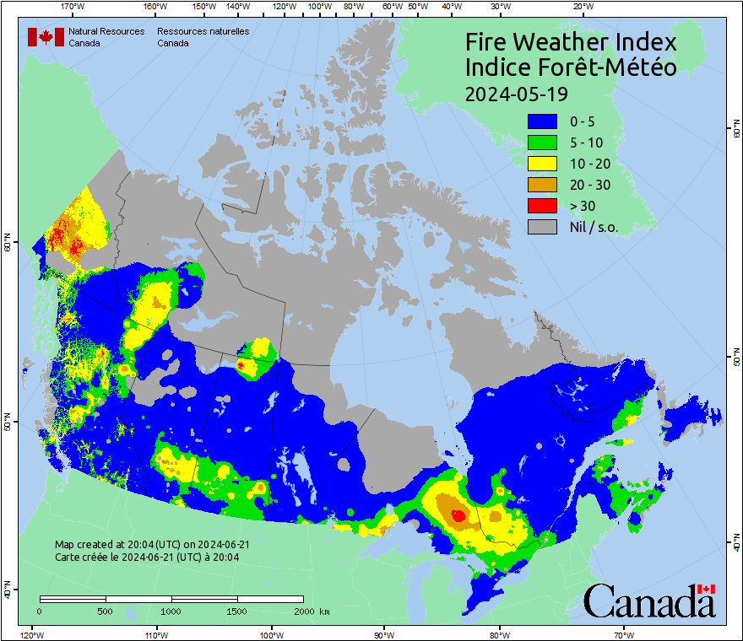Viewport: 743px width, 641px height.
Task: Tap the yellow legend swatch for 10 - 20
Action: [x=542, y=163]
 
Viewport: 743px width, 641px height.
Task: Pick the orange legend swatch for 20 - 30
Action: [x=542, y=184]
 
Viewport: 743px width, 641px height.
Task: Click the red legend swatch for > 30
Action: [x=542, y=205]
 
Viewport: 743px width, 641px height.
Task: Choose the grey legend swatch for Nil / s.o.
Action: [x=542, y=226]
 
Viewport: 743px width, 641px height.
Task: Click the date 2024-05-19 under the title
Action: [x=516, y=93]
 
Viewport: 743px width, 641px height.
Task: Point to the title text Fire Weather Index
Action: [x=571, y=42]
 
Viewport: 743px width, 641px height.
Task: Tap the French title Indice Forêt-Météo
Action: [x=571, y=67]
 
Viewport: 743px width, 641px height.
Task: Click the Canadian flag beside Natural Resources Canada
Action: [x=46, y=36]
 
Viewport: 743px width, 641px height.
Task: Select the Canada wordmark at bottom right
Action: [x=649, y=601]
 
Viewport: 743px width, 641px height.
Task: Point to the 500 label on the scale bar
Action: [x=106, y=611]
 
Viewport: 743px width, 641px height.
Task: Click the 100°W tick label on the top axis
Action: [x=319, y=7]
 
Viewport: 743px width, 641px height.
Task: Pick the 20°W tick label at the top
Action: [x=581, y=7]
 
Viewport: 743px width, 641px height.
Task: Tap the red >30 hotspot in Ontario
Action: [x=458, y=514]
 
